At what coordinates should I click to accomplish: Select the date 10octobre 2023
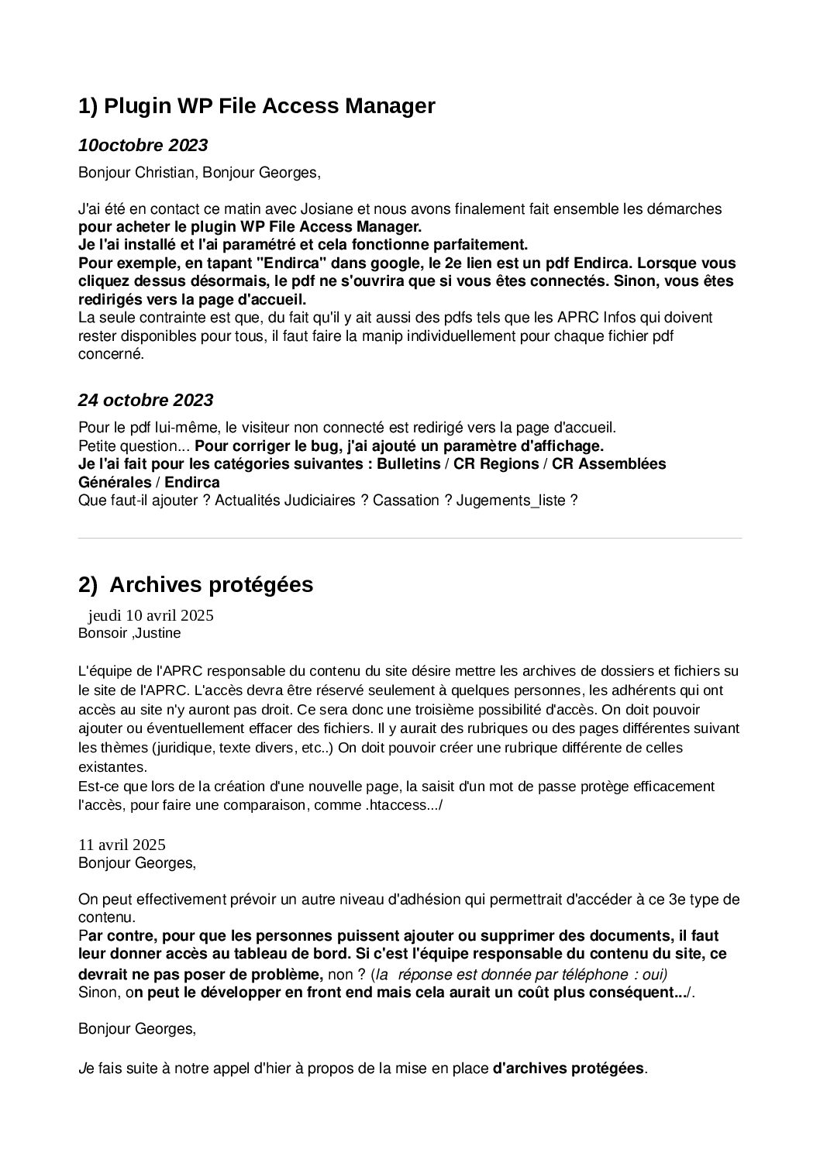point(143,146)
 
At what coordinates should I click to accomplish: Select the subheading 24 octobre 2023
point(145,401)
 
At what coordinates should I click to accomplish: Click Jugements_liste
point(512,501)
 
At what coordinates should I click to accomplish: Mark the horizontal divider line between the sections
point(410,538)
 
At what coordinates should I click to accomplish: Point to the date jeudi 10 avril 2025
point(151,616)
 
